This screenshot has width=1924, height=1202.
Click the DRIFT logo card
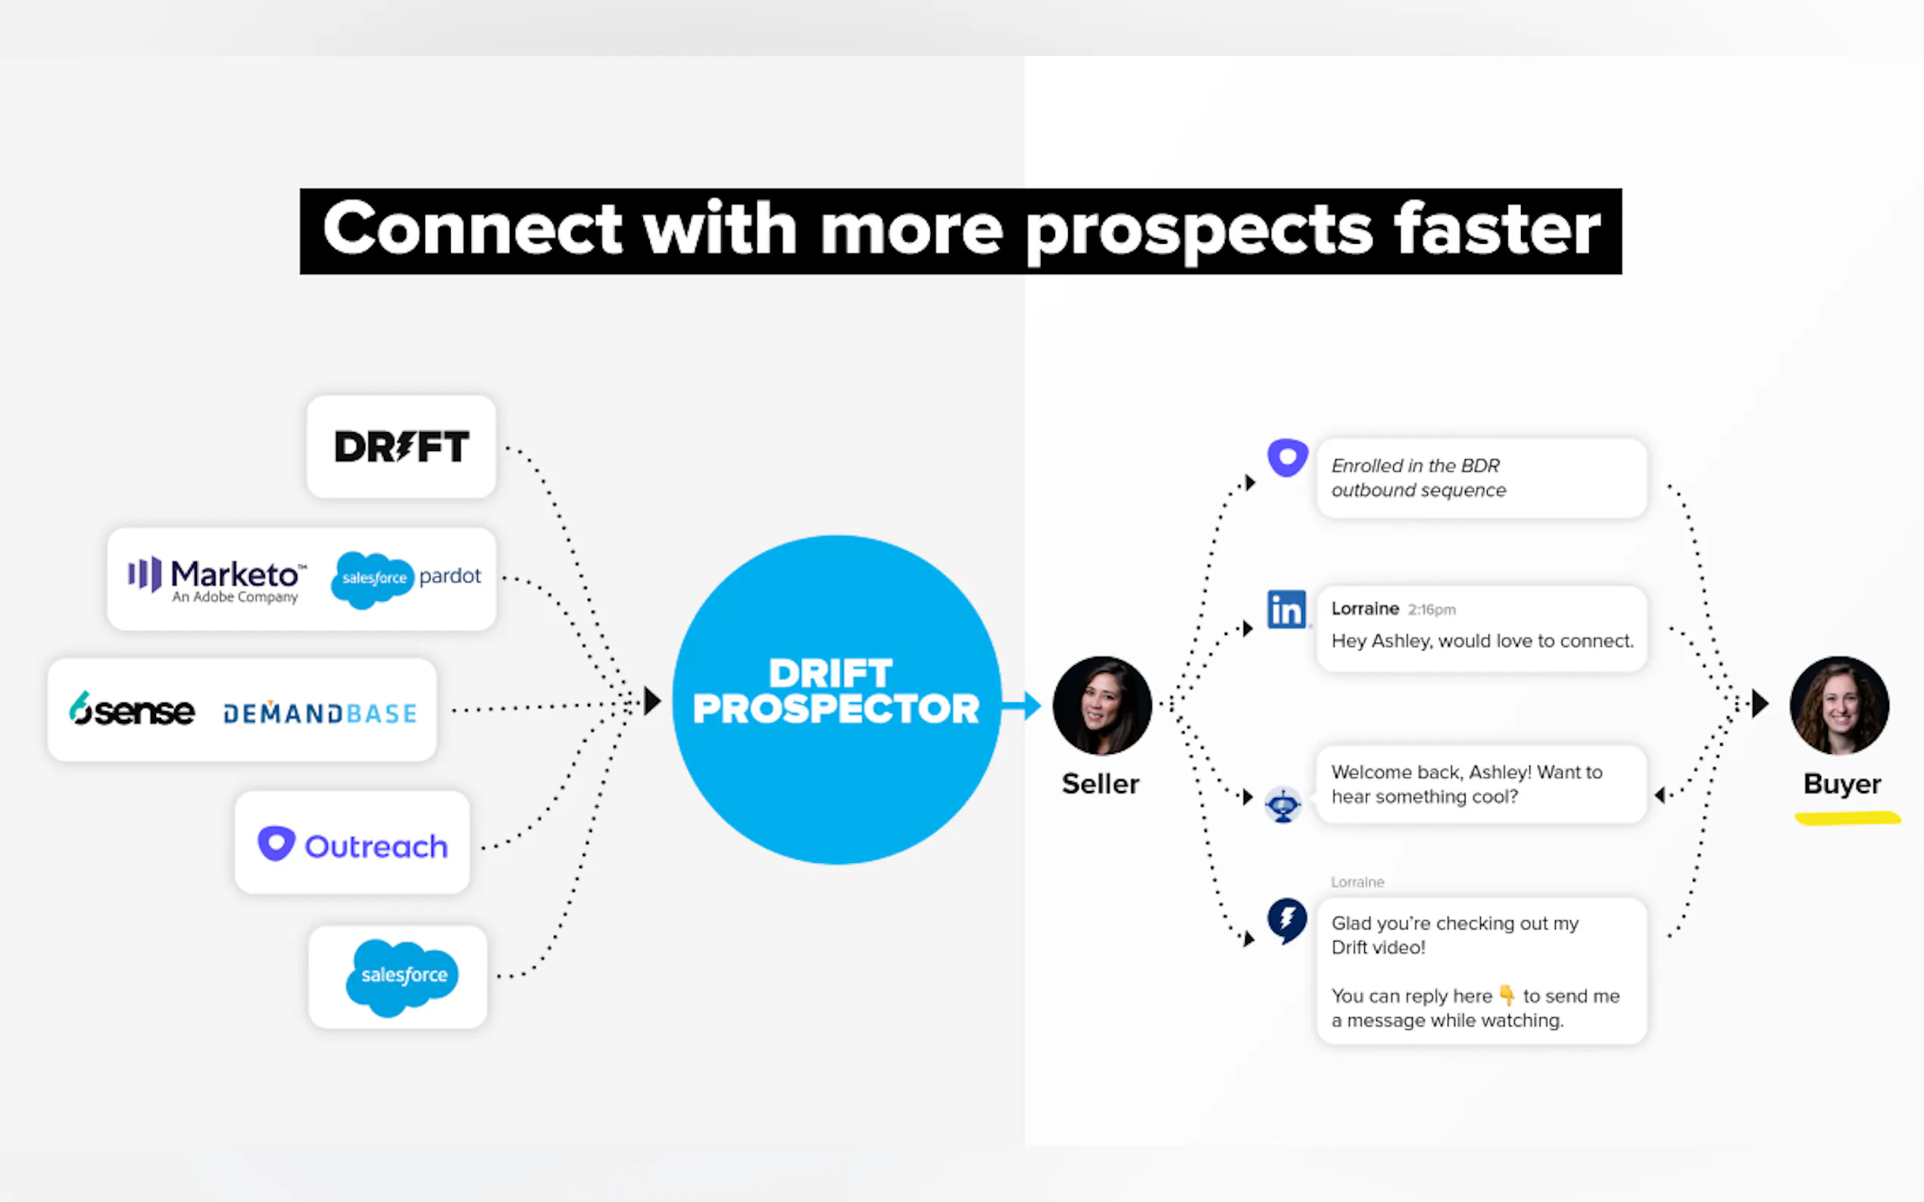pos(401,447)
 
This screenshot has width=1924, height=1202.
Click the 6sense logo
pos(132,709)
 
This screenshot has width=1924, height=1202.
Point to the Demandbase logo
pos(320,712)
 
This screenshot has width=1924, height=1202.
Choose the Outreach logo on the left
pos(353,844)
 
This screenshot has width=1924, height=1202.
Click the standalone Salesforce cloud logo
pos(401,977)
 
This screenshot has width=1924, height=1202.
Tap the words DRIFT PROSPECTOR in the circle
pos(836,691)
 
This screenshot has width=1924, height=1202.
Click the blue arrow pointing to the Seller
pos(1021,705)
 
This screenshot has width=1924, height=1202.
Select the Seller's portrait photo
pos(1101,705)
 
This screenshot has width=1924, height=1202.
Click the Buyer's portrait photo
pos(1839,705)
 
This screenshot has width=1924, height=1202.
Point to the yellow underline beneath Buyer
pos(1847,818)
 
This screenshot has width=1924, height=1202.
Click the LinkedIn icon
pos(1286,609)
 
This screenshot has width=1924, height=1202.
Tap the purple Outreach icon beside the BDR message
pos(1288,457)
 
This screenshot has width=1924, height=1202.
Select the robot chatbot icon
pos(1283,805)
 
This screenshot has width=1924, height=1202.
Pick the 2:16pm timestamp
pos(1432,610)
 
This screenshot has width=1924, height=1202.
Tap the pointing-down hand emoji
pos(1507,995)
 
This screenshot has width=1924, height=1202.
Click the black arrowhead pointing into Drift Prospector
pos(652,701)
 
